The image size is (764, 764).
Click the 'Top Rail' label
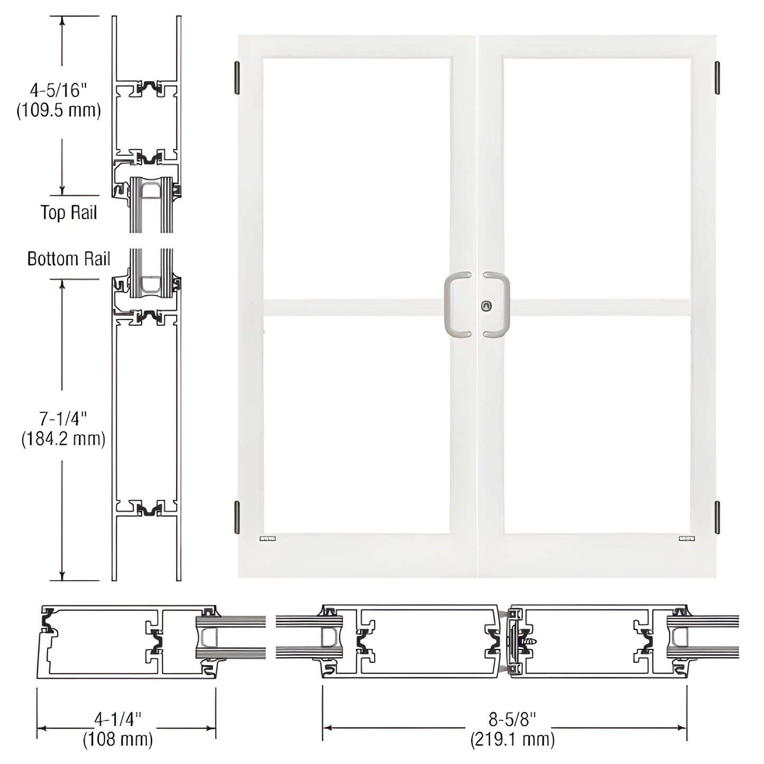[x=69, y=213]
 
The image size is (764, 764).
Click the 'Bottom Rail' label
[x=69, y=259]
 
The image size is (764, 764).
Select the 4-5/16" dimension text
[x=58, y=90]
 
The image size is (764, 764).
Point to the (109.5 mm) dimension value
[x=59, y=111]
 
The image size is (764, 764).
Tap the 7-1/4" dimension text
[x=63, y=419]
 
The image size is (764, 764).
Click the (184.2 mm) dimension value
[x=63, y=439]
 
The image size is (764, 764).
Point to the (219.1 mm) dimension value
[x=512, y=739]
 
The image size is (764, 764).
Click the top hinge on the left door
[x=237, y=78]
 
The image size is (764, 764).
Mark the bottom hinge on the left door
[x=237, y=517]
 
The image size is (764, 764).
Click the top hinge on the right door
[x=717, y=78]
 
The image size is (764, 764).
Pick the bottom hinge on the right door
[x=717, y=517]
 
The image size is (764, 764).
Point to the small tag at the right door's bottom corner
[x=687, y=538]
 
